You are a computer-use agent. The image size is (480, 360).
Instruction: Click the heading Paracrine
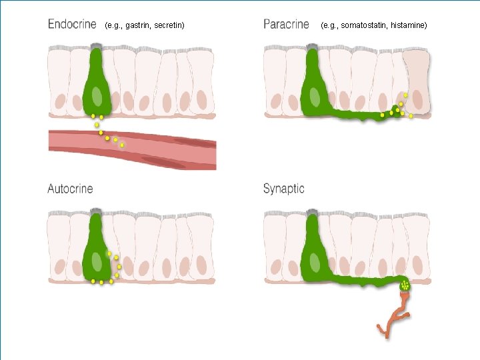click(286, 25)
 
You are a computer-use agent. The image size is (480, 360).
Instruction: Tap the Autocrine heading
click(70, 189)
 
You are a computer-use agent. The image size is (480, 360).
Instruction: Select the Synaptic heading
click(283, 189)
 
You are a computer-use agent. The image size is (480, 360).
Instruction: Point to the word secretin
click(167, 25)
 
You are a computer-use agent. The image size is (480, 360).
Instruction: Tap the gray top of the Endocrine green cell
click(97, 47)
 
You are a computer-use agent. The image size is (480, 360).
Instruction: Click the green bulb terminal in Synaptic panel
click(405, 287)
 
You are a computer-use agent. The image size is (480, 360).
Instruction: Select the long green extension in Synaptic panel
click(360, 281)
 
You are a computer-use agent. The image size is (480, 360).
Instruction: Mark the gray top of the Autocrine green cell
click(97, 212)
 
